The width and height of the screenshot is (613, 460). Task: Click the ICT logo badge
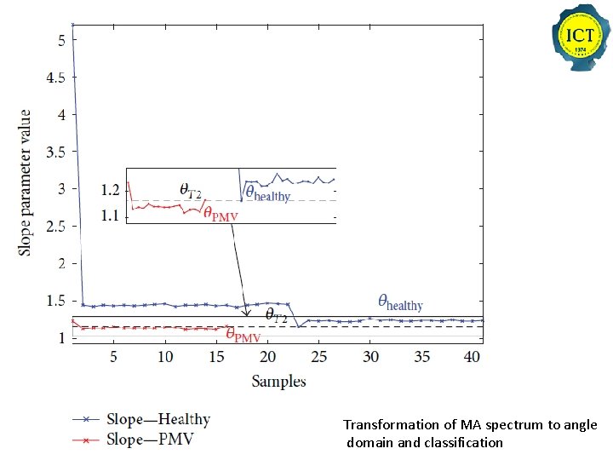579,38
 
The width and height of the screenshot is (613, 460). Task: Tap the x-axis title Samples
278,381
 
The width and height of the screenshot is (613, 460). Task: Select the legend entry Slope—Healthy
158,419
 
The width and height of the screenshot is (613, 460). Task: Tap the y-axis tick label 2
60,264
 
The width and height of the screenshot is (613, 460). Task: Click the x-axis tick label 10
165,357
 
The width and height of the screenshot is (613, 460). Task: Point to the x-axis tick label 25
319,357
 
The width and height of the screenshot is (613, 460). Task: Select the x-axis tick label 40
473,357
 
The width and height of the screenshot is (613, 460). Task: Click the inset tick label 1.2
111,188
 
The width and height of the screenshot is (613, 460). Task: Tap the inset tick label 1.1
111,216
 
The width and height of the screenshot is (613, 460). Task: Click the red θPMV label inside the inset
221,214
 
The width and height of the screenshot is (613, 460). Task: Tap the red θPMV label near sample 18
243,336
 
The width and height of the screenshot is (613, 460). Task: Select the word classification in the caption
463,442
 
